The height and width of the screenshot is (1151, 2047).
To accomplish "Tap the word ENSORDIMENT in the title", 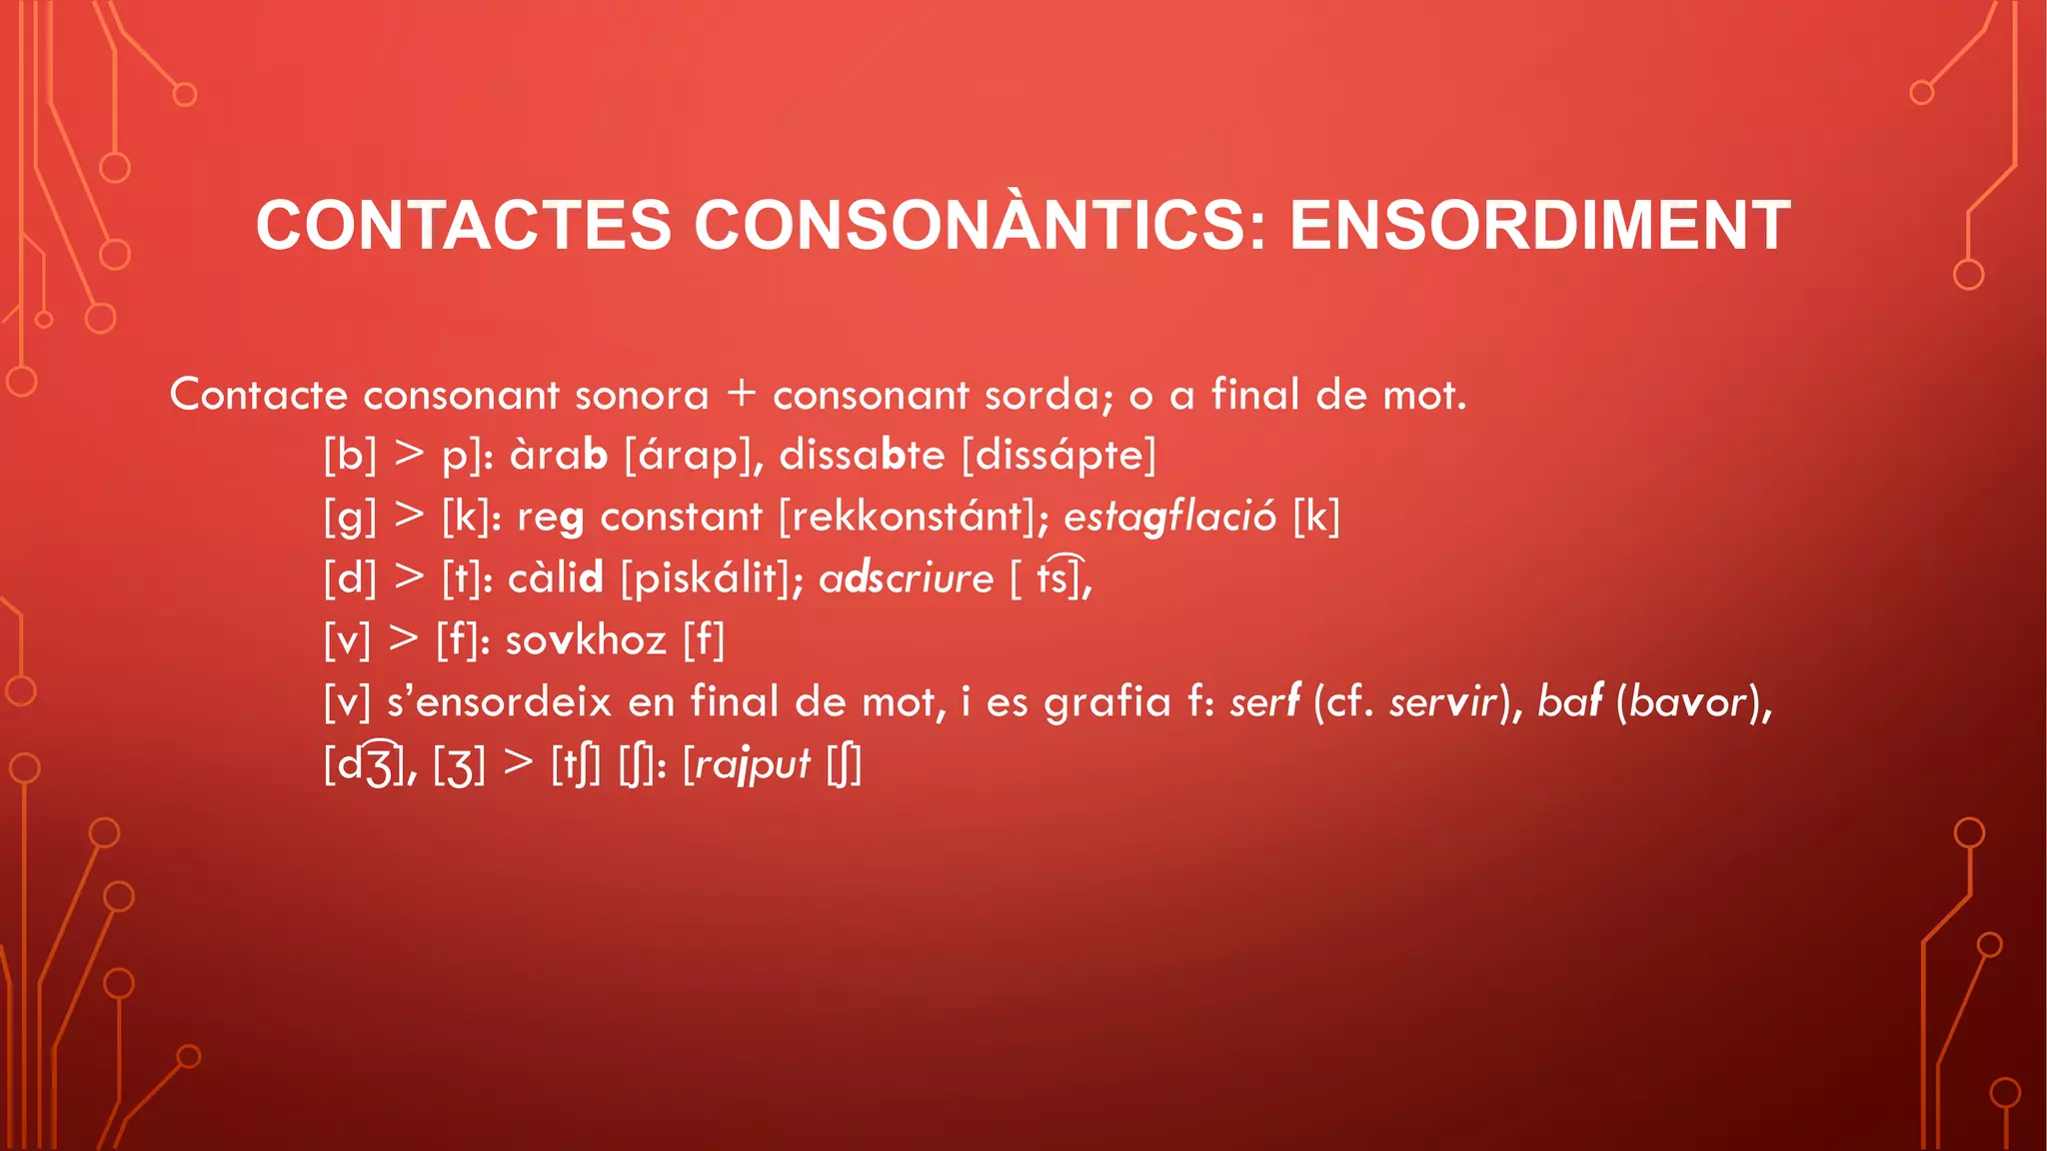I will tap(1539, 225).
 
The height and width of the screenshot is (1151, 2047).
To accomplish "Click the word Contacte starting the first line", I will tap(258, 395).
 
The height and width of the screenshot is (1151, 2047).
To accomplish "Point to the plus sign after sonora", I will tap(741, 393).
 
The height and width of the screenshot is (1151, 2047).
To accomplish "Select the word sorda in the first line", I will tap(1046, 395).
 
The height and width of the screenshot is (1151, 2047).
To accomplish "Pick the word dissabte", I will tap(862, 456).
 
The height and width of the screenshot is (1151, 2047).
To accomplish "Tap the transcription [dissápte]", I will tap(1058, 456).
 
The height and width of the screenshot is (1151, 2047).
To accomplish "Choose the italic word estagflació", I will tap(1169, 518).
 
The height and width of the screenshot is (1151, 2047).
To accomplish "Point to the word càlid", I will tap(556, 578).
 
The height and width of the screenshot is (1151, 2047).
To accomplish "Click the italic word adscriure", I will tap(906, 578).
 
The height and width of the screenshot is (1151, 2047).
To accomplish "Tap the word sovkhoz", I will tap(586, 640).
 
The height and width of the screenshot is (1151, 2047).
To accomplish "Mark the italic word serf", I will tap(1264, 702).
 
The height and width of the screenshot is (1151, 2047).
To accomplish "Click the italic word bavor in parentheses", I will tap(1688, 702).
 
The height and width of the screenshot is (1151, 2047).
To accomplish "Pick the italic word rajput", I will tap(753, 764).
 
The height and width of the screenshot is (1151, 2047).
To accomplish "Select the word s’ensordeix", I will tap(499, 702).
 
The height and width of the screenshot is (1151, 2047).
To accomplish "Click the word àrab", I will tap(558, 456).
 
